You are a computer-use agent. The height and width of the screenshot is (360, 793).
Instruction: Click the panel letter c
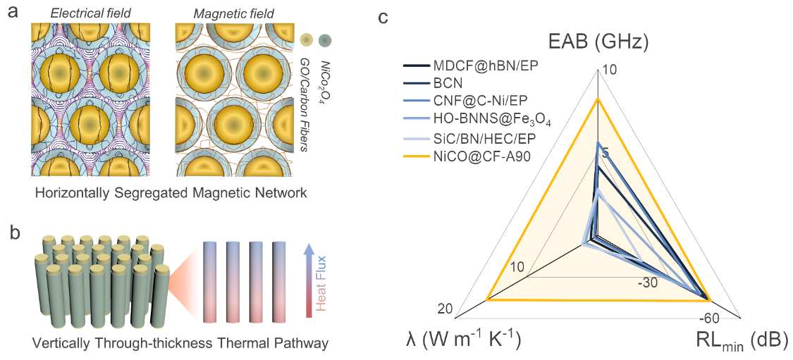(384, 16)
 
